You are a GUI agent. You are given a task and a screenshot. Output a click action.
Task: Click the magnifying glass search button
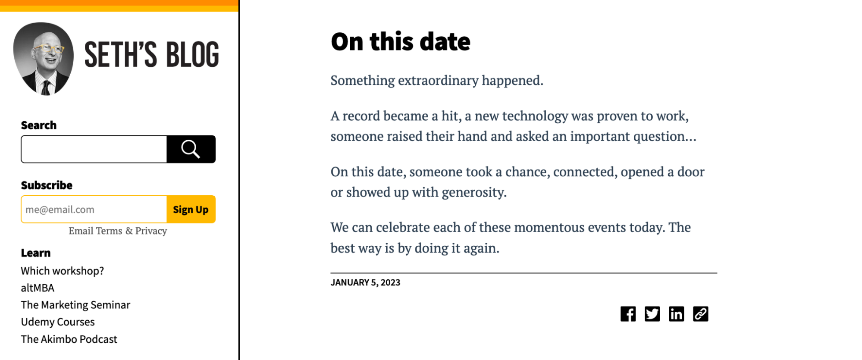191,149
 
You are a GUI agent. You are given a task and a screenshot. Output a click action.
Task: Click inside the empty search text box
94,149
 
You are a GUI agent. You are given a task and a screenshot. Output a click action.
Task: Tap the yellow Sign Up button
191,210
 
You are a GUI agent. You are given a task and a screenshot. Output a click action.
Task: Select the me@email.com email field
94,210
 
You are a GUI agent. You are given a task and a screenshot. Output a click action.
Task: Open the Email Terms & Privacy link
118,231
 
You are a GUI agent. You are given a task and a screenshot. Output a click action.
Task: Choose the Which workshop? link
63,271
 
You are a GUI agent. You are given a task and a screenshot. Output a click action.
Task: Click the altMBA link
38,288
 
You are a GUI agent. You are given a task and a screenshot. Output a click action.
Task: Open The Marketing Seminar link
75,305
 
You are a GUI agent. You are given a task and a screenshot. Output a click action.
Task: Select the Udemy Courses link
58,322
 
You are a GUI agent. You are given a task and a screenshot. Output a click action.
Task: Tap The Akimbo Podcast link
69,339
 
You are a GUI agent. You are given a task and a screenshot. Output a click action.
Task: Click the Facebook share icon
628,314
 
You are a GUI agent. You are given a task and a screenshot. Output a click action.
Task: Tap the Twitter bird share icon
652,314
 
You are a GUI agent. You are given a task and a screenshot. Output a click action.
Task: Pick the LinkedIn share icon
676,314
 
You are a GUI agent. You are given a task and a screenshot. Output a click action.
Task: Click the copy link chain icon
700,314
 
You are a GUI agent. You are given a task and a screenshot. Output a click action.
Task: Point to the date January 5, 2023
365,282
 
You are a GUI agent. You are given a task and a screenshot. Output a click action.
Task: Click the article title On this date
401,42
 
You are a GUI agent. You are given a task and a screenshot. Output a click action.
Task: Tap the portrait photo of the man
44,59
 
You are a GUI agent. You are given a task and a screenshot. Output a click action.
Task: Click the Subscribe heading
47,185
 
